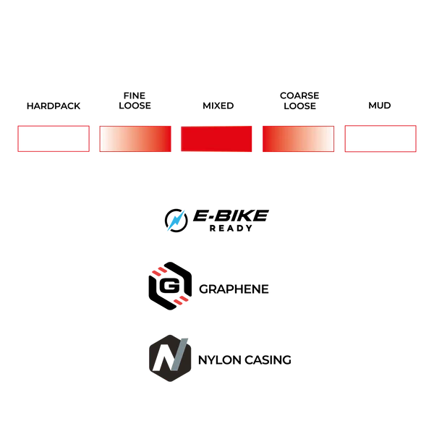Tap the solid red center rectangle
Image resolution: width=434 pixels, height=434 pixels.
point(216,138)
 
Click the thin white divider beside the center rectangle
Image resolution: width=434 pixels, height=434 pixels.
point(176,138)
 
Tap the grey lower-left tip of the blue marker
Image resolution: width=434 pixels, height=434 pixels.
point(165,234)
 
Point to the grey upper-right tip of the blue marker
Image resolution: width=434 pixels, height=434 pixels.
point(187,210)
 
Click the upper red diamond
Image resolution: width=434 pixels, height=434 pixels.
point(158,271)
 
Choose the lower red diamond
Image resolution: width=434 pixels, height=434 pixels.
point(181,299)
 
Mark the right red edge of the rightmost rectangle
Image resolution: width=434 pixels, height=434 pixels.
point(417,138)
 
